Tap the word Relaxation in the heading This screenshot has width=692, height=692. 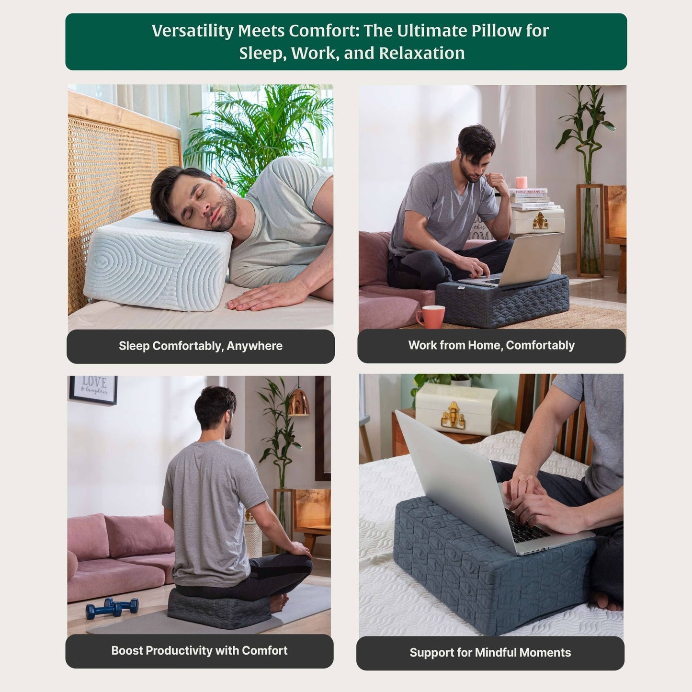tap(422, 53)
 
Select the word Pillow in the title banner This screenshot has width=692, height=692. tap(498, 31)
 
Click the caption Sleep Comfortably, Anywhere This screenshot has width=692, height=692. tap(201, 346)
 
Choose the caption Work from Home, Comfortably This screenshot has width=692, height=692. tap(491, 345)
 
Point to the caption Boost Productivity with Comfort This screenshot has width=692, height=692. tap(199, 650)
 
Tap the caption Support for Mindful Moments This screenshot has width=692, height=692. tap(490, 652)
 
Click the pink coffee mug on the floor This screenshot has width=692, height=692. tap(431, 317)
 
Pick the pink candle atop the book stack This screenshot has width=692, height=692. tap(522, 182)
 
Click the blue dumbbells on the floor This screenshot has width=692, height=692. tap(112, 607)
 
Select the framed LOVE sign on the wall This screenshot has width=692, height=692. tap(93, 390)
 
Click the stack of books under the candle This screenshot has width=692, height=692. tap(533, 199)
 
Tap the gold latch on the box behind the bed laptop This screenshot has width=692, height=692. tap(453, 415)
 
